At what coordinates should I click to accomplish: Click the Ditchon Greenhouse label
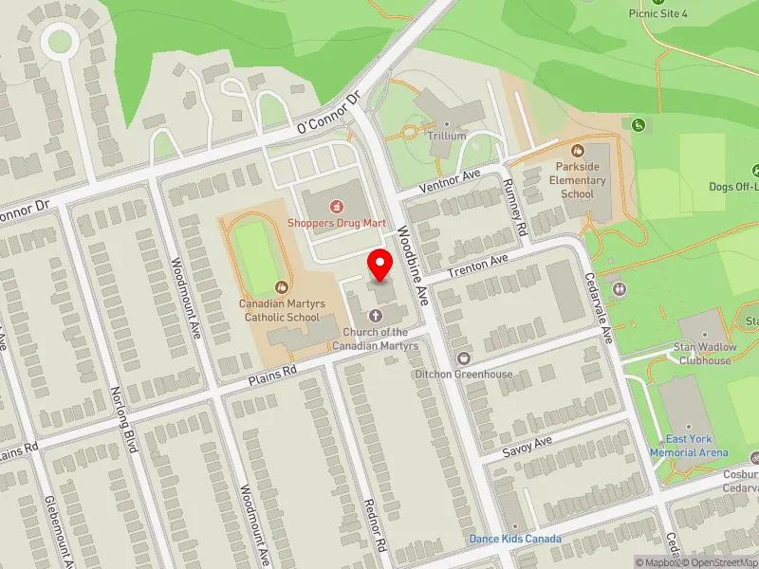[x=463, y=374]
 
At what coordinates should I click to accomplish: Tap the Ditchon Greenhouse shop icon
[x=463, y=358]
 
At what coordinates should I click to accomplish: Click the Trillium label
[x=446, y=136]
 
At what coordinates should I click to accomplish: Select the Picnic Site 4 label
[x=657, y=13]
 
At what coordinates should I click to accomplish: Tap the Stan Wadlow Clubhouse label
[x=702, y=354]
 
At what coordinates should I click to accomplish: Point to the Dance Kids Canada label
[x=515, y=539]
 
